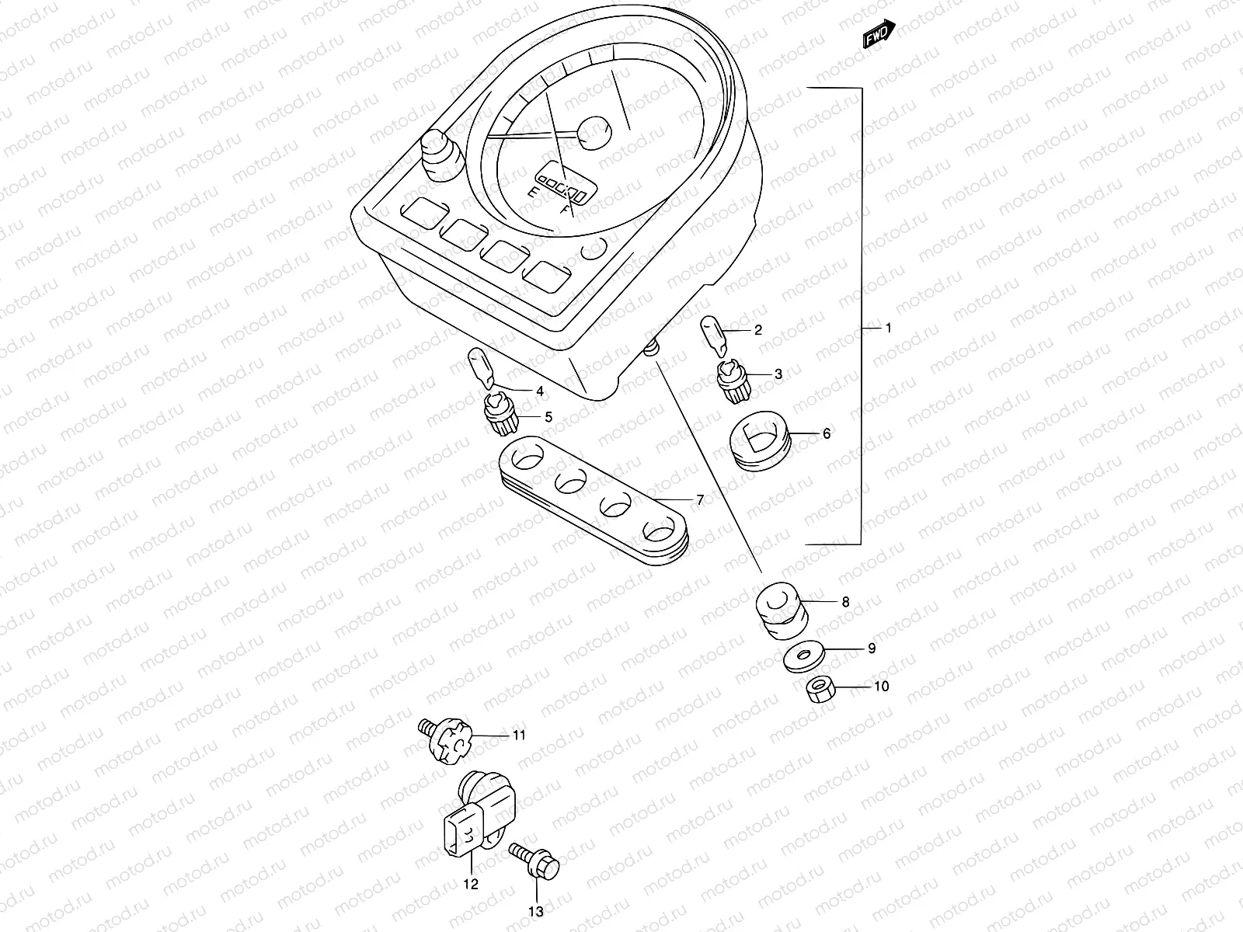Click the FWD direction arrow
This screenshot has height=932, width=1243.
(880, 34)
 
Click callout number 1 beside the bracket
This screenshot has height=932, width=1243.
(889, 328)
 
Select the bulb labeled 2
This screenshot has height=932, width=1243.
(714, 334)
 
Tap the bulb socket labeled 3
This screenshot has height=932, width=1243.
(731, 382)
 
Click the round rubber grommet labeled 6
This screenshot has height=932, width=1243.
(761, 441)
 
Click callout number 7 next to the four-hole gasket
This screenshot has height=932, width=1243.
(699, 500)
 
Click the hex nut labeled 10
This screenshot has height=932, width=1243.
(819, 688)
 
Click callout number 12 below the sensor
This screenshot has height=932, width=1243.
(471, 884)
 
